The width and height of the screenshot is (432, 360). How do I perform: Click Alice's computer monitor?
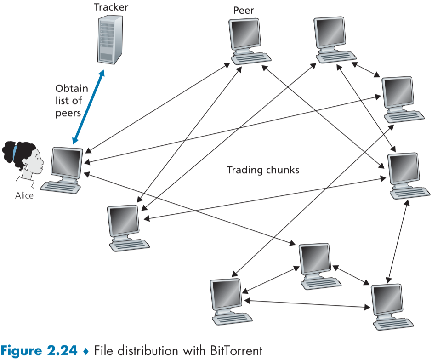point(68,164)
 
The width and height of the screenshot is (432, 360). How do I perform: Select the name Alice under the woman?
point(24,196)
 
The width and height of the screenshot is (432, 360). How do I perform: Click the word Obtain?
point(68,89)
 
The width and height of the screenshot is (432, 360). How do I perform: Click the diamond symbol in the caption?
point(85,351)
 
